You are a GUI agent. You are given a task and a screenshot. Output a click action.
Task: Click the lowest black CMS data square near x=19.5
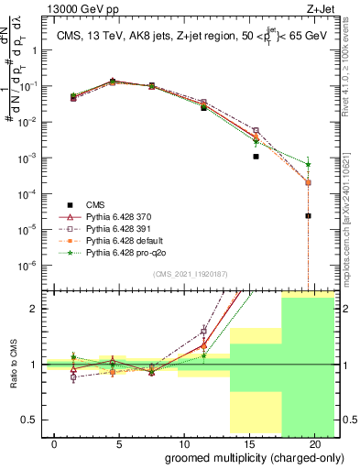pyautogui.click(x=309, y=216)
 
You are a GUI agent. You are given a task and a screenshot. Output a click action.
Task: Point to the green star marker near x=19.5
pyautogui.click(x=309, y=165)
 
